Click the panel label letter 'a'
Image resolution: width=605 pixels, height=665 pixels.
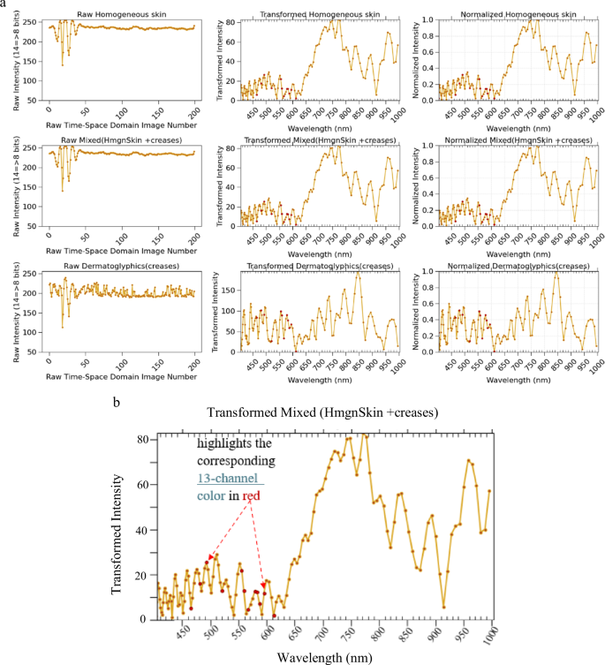(x=4, y=4)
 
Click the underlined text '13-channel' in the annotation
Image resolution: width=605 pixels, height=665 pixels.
(x=226, y=478)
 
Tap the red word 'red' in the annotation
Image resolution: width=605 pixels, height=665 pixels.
(x=251, y=496)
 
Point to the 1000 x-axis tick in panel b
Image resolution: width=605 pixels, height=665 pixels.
(x=490, y=633)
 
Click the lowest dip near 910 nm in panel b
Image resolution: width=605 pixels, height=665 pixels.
(x=443, y=606)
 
